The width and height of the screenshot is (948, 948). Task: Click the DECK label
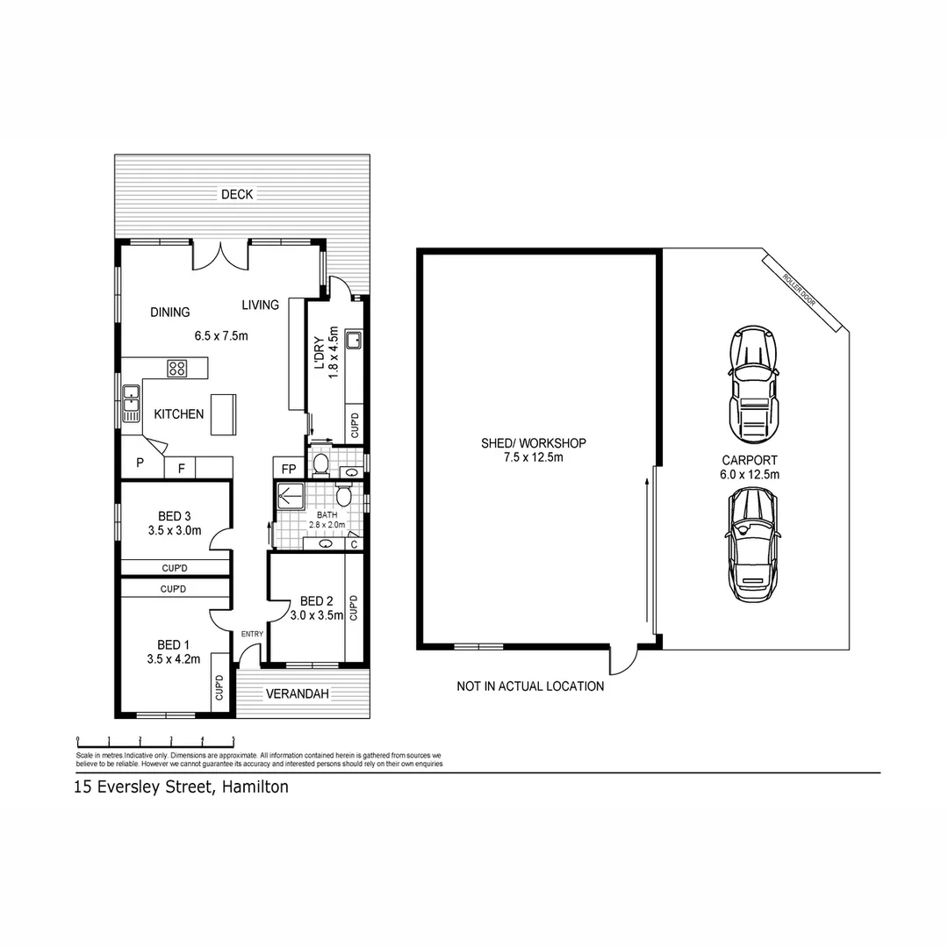click(237, 194)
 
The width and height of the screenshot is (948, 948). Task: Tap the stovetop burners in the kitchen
click(177, 369)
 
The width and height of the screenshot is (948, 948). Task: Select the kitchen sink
click(131, 403)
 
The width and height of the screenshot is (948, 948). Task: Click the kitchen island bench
click(223, 413)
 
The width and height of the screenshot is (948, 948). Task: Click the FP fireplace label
click(288, 468)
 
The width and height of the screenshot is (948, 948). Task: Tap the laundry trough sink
click(354, 339)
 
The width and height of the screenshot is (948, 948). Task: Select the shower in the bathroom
click(289, 497)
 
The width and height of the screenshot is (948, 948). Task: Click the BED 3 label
click(176, 515)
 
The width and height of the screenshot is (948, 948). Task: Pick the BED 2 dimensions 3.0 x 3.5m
click(317, 615)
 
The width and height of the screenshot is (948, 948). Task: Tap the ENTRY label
click(252, 634)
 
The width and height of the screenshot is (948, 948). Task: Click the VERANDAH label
click(297, 693)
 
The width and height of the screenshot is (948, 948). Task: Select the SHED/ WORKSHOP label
click(533, 443)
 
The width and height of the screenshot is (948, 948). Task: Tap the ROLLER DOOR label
click(799, 288)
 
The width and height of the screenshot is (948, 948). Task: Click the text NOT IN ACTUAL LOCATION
click(530, 686)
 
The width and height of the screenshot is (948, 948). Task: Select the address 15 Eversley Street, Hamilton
click(181, 787)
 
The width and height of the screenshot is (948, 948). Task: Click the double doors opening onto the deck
click(221, 255)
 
